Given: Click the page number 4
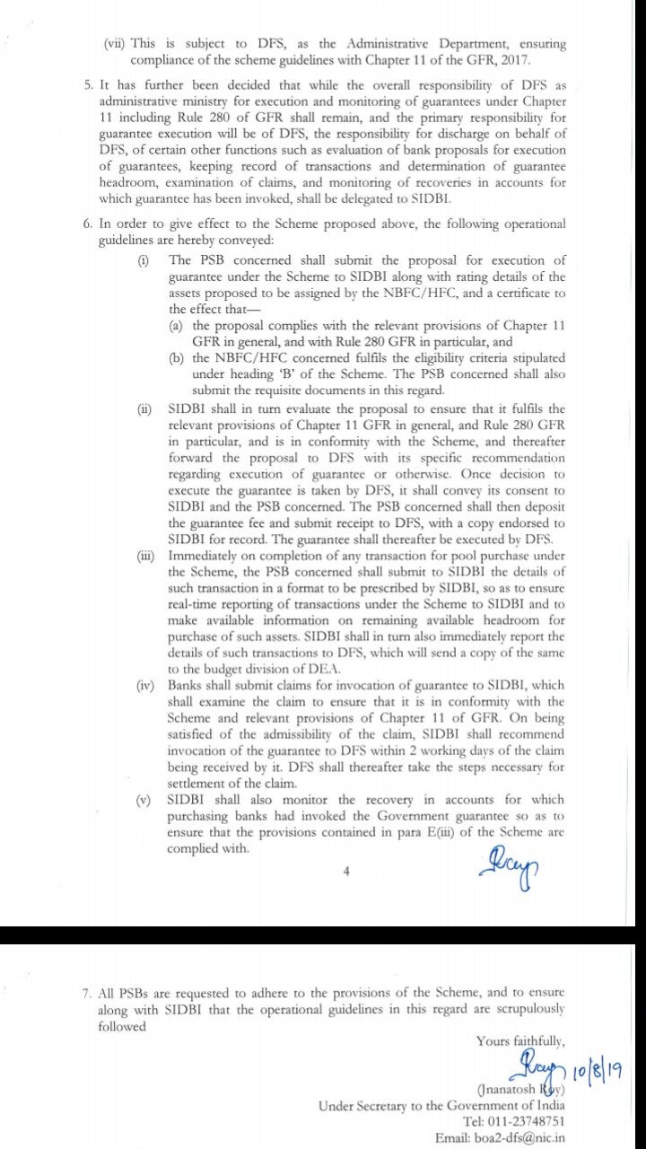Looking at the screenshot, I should click(x=345, y=870).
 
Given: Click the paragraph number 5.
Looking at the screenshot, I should click(x=87, y=86).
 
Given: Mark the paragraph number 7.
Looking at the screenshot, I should click(x=87, y=994).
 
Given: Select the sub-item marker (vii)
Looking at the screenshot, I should click(x=115, y=44).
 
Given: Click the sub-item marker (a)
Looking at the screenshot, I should click(x=177, y=324).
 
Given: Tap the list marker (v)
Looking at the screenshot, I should click(x=144, y=800).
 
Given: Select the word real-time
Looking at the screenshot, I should click(x=195, y=605).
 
